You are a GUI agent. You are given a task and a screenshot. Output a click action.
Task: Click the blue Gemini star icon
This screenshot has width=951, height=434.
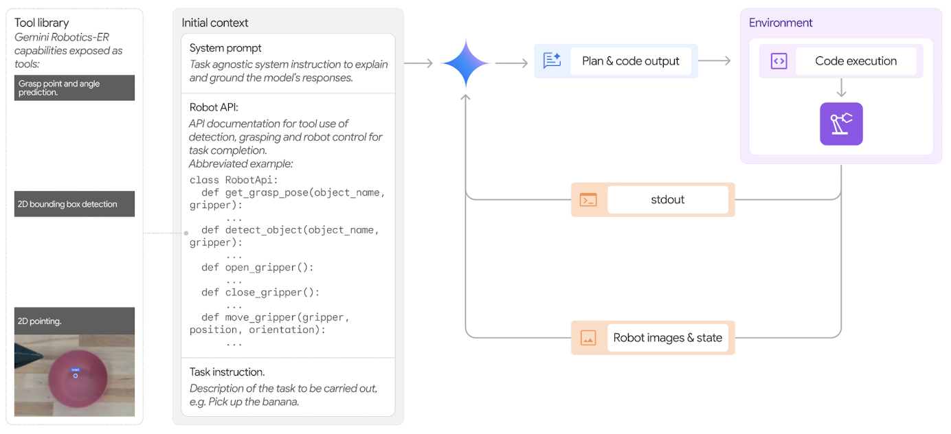click(x=465, y=63)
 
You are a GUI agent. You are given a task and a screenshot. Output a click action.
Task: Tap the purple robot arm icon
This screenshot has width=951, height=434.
click(x=841, y=124)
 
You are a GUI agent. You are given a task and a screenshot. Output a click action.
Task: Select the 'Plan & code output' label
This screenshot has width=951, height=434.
click(x=630, y=61)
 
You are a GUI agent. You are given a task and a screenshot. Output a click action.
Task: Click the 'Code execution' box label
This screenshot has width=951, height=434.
click(x=855, y=61)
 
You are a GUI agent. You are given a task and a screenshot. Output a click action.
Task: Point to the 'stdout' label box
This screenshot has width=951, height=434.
click(x=667, y=200)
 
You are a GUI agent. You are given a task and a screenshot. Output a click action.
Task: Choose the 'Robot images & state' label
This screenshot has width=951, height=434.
click(x=667, y=338)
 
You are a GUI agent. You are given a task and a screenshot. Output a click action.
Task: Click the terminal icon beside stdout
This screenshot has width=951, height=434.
click(x=588, y=200)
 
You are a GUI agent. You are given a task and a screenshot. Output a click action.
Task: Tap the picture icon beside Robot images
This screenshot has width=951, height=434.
click(x=588, y=338)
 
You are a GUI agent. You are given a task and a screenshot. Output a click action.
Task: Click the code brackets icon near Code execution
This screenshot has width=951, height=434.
click(x=779, y=61)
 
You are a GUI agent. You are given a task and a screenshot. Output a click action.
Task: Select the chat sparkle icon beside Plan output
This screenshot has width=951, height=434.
click(x=552, y=61)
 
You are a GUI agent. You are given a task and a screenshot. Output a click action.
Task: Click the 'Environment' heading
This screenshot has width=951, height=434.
click(x=781, y=23)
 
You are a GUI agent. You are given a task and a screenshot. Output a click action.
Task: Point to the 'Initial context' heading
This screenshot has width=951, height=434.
click(x=215, y=23)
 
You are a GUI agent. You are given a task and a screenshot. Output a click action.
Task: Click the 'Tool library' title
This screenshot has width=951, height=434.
click(x=42, y=23)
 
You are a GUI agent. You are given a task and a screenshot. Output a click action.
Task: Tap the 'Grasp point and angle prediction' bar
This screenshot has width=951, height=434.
click(x=74, y=88)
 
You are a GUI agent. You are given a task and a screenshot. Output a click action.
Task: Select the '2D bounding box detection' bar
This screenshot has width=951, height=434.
click(x=74, y=204)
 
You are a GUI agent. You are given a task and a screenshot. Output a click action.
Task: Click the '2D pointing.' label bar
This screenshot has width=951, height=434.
click(x=74, y=321)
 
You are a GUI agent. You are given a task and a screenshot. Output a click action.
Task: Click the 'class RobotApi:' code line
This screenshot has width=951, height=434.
click(x=231, y=180)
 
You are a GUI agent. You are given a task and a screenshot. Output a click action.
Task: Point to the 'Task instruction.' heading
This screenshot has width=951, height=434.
click(x=227, y=372)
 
